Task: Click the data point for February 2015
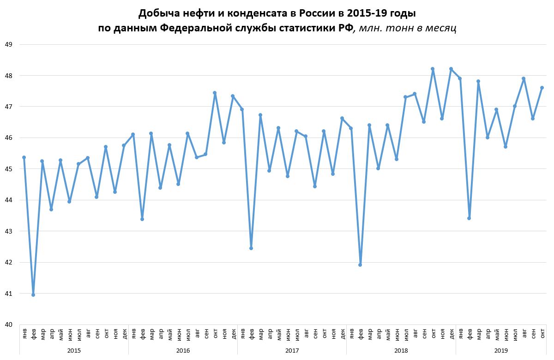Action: [x=33, y=294]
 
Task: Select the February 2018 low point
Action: [x=360, y=264]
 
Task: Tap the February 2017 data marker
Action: [x=251, y=248]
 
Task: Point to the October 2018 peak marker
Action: [x=433, y=69]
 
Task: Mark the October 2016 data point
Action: [x=215, y=93]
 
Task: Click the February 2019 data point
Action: [x=469, y=218]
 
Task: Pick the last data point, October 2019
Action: [x=542, y=88]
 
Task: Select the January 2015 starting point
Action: [x=24, y=157]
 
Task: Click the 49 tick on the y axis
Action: [x=8, y=45]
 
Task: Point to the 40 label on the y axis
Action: [x=8, y=324]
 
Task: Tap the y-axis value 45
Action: [x=8, y=169]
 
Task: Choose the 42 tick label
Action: [x=8, y=262]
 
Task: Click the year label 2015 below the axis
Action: [x=74, y=351]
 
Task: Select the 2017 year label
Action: [x=292, y=351]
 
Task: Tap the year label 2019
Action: [x=501, y=351]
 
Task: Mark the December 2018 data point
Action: [x=451, y=69]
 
